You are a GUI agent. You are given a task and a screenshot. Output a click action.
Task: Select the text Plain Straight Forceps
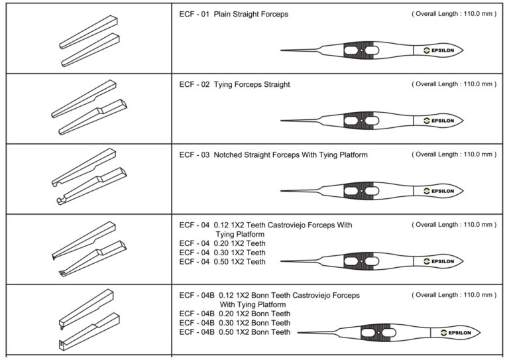[251, 14]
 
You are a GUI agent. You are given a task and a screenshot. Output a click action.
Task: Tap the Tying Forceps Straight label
[252, 84]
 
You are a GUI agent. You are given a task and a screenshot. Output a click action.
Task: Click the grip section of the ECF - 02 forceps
[361, 121]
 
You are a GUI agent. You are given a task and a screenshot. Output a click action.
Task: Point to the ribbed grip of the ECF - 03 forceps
[361, 191]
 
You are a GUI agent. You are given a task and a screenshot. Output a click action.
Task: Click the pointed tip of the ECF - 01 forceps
[283, 50]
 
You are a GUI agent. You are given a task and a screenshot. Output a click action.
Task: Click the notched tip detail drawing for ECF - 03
[89, 179]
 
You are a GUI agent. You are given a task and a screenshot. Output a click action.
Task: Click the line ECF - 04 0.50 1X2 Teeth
[223, 261]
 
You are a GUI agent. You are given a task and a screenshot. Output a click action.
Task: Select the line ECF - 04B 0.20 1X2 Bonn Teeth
[235, 314]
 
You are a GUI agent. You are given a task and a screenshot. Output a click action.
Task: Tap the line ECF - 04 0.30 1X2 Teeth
[223, 252]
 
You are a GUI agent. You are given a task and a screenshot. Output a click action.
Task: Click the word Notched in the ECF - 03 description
[228, 154]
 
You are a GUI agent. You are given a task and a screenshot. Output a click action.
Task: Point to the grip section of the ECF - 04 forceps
[361, 261]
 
